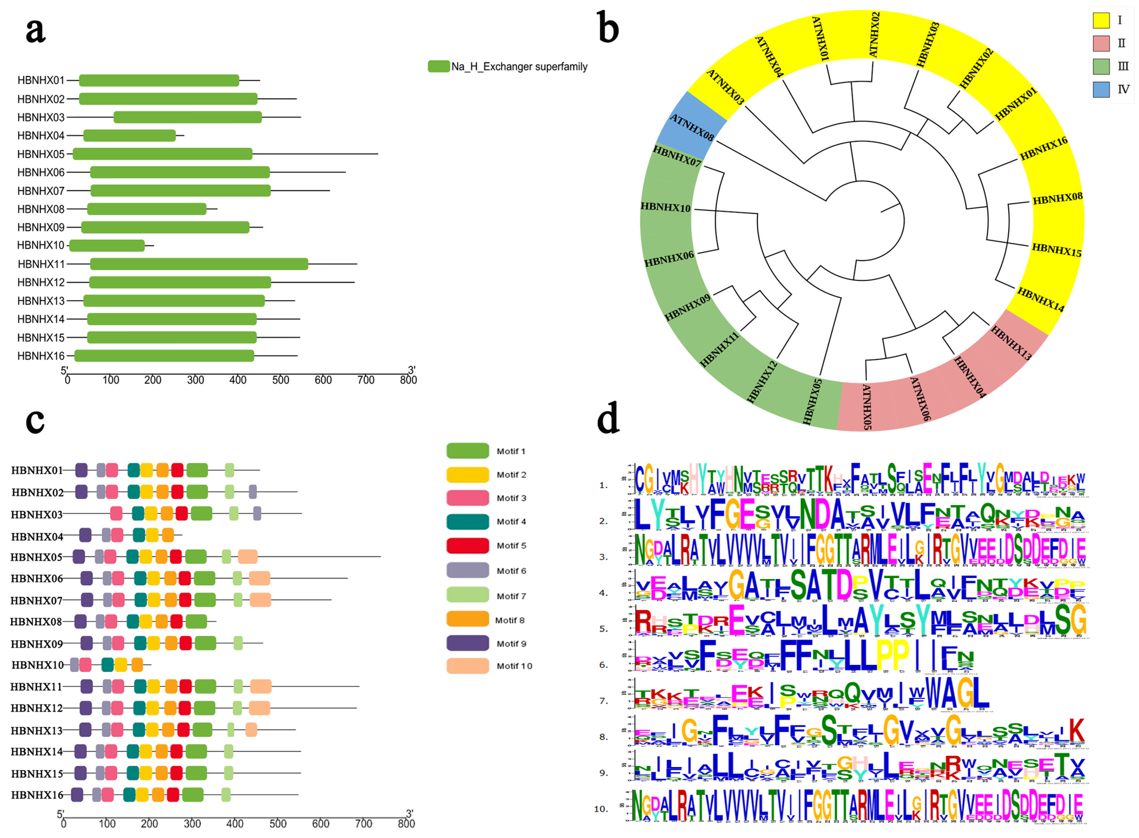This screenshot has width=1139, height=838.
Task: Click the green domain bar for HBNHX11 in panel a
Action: click(x=199, y=264)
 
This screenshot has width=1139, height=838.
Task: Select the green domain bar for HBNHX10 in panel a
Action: click(x=107, y=245)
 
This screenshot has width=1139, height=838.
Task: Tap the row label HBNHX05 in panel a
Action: click(x=40, y=154)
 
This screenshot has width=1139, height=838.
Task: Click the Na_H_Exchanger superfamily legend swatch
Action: click(x=438, y=66)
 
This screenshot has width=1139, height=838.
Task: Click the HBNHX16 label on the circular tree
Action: click(x=1044, y=148)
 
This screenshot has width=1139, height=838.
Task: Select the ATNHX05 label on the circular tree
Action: click(x=867, y=407)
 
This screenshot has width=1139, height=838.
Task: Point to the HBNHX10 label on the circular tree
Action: click(x=665, y=207)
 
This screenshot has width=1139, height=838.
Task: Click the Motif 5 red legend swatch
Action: click(x=467, y=545)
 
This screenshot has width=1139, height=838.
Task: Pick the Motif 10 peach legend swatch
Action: click(x=467, y=666)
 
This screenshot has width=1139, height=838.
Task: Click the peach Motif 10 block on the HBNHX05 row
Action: click(x=248, y=556)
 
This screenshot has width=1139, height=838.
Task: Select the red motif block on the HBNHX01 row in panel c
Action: click(x=177, y=470)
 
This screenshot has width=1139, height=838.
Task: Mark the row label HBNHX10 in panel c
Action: click(x=38, y=665)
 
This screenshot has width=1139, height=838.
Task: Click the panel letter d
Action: click(x=608, y=417)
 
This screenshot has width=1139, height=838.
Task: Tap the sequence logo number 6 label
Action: click(x=603, y=665)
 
